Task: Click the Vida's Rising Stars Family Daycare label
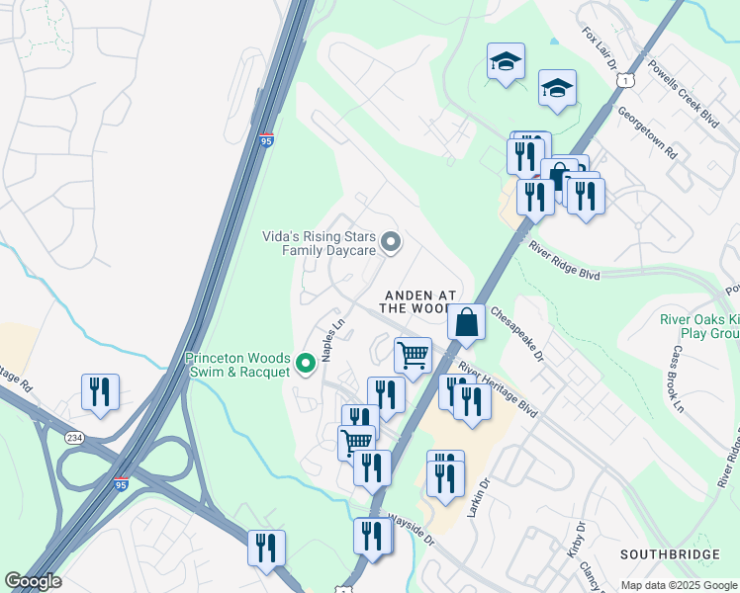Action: pos(319,243)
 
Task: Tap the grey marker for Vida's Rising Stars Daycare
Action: pos(391,241)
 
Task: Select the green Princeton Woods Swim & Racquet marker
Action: pos(306,364)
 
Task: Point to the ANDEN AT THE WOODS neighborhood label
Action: pos(419,301)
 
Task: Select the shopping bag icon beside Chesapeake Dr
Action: pos(466,322)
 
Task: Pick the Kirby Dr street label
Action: pos(579,544)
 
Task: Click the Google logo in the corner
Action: pos(33,581)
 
